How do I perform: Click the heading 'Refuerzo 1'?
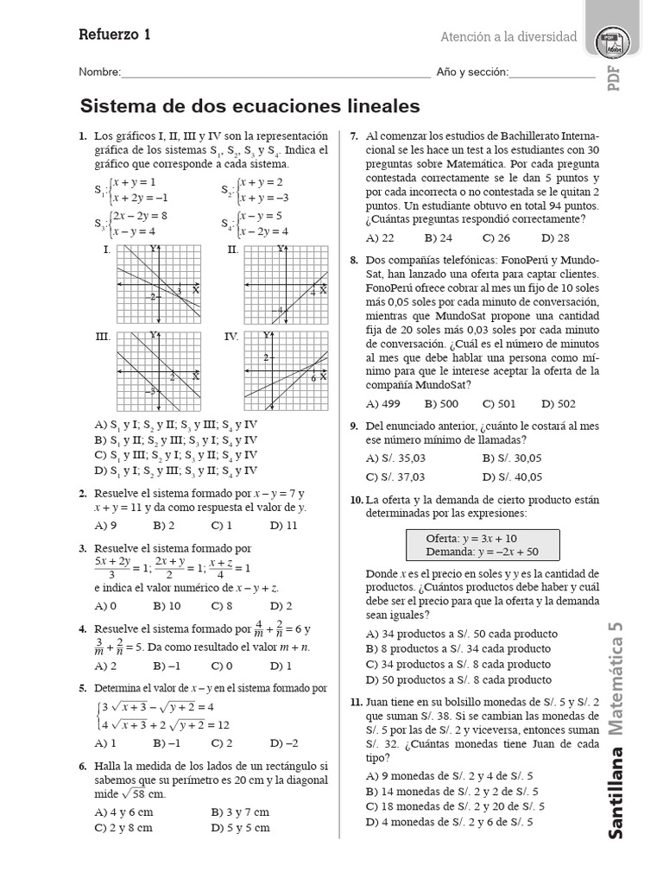pyautogui.click(x=114, y=35)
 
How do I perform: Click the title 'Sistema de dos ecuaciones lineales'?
pyautogui.click(x=249, y=106)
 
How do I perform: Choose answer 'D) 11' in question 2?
pyautogui.click(x=283, y=524)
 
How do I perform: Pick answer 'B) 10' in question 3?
pyautogui.click(x=167, y=606)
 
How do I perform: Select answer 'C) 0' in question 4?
pyautogui.click(x=222, y=666)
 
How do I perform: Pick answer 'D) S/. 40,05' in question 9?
pyautogui.click(x=513, y=476)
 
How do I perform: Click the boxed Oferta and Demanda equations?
pyautogui.click(x=483, y=545)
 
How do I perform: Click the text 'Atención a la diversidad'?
pyautogui.click(x=508, y=37)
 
